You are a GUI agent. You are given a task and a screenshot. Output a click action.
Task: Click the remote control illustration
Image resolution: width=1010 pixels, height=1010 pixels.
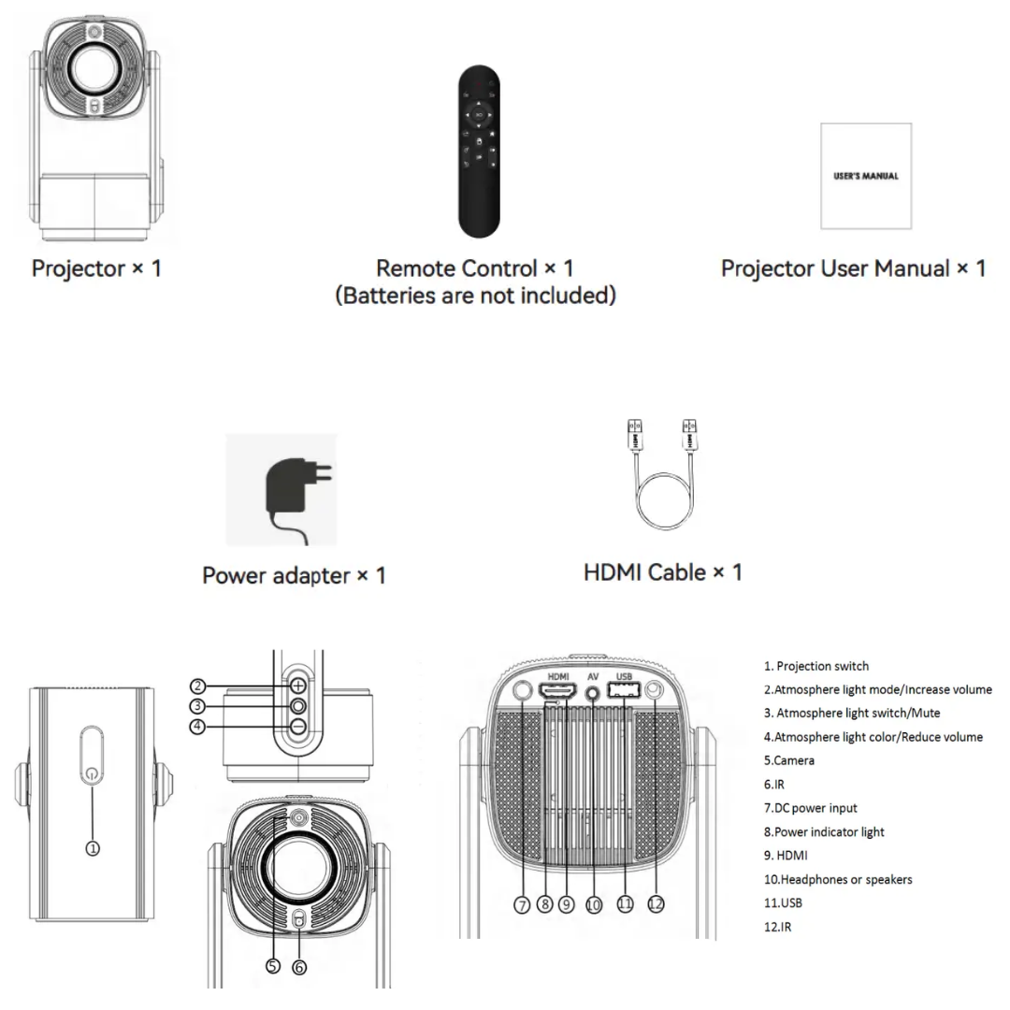(479, 151)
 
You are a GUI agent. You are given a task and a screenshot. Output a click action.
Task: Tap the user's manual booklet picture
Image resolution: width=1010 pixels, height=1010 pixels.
(865, 176)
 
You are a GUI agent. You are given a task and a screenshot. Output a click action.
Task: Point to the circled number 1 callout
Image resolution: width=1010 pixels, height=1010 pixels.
(93, 848)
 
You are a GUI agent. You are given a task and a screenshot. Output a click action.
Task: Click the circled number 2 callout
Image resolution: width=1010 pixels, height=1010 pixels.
(197, 685)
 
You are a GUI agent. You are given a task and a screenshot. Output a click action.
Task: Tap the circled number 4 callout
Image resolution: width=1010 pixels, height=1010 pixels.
(197, 727)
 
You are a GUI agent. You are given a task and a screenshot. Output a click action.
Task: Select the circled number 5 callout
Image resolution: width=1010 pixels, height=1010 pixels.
(273, 966)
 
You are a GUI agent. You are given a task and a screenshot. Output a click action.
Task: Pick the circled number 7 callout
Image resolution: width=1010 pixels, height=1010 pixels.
(522, 904)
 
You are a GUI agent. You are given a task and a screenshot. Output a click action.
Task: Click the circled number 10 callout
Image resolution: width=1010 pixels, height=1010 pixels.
(593, 904)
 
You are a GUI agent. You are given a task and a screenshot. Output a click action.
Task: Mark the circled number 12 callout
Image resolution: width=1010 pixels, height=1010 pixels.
(656, 904)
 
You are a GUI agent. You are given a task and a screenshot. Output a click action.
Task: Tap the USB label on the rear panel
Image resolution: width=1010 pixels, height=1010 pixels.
(625, 675)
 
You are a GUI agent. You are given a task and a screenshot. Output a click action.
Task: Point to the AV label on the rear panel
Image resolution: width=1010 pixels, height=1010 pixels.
(593, 675)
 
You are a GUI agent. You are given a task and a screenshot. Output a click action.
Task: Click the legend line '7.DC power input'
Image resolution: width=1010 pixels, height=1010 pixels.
(810, 808)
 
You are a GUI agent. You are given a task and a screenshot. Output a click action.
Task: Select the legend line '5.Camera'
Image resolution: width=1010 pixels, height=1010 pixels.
(788, 760)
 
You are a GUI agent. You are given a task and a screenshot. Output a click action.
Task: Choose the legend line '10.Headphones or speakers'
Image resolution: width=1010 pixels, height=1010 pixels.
(838, 879)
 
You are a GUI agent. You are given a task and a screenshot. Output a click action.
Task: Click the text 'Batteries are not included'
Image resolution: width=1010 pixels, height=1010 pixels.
(475, 296)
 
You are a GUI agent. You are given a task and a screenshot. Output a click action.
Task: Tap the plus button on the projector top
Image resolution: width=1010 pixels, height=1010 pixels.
(297, 685)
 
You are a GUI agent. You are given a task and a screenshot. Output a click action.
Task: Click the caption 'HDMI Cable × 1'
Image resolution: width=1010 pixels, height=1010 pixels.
(662, 570)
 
